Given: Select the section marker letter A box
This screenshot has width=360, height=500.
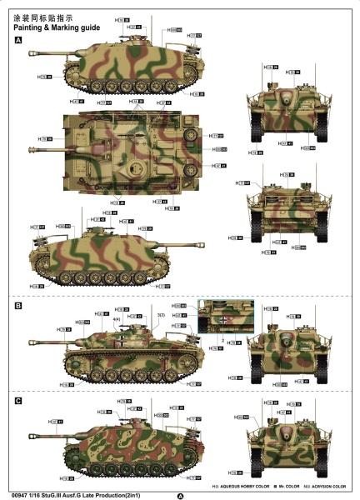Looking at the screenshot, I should (x=18, y=39).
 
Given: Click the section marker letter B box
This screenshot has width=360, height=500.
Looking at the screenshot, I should (x=18, y=307).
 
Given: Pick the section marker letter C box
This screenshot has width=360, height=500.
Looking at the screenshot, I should (x=18, y=401).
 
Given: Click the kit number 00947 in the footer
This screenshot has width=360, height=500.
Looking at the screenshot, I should (x=23, y=492).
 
